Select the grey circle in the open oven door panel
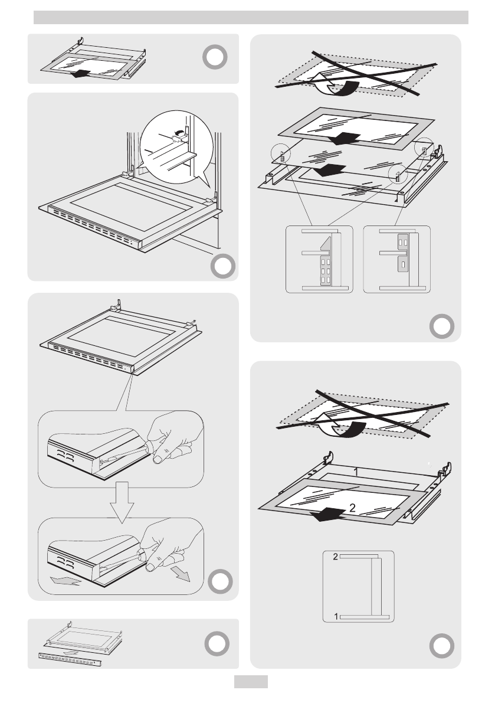(x=221, y=266)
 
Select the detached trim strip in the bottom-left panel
(x=69, y=659)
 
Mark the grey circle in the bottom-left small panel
(x=215, y=643)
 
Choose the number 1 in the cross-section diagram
(x=336, y=616)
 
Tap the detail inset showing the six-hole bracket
(x=319, y=259)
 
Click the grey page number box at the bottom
(x=251, y=682)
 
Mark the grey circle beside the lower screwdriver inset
(x=221, y=581)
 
